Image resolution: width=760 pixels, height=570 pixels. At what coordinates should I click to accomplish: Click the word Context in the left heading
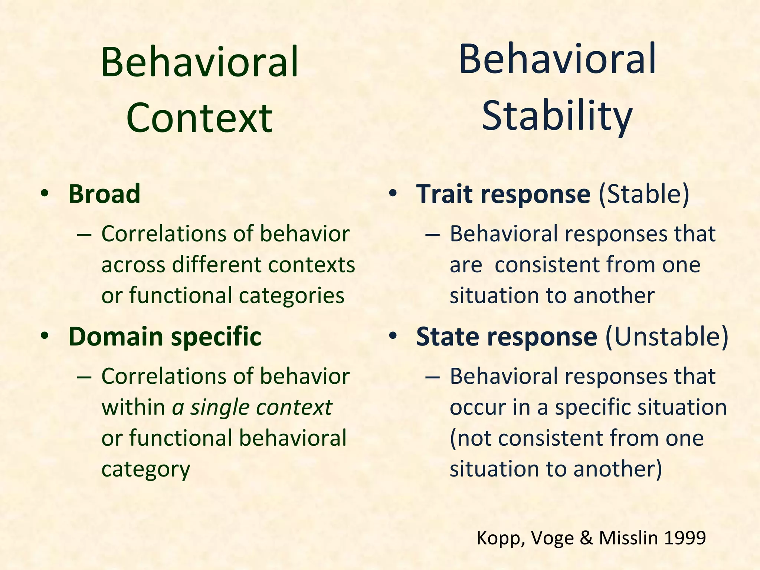click(x=199, y=118)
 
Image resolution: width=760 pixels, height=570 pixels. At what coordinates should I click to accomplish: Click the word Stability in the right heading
click(x=557, y=116)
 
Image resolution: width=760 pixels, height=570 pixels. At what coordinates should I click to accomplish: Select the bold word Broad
click(x=104, y=194)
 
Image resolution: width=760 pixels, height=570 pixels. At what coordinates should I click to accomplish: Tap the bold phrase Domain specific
click(x=165, y=337)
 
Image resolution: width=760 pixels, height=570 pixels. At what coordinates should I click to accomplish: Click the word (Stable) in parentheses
click(x=644, y=194)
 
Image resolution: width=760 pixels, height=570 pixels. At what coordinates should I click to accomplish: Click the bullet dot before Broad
click(x=45, y=194)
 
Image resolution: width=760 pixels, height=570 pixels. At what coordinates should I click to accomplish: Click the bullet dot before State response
click(x=393, y=336)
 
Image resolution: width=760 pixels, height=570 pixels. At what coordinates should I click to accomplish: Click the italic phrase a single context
click(x=252, y=407)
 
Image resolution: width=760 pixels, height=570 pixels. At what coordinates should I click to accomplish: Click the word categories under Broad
click(x=291, y=296)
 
